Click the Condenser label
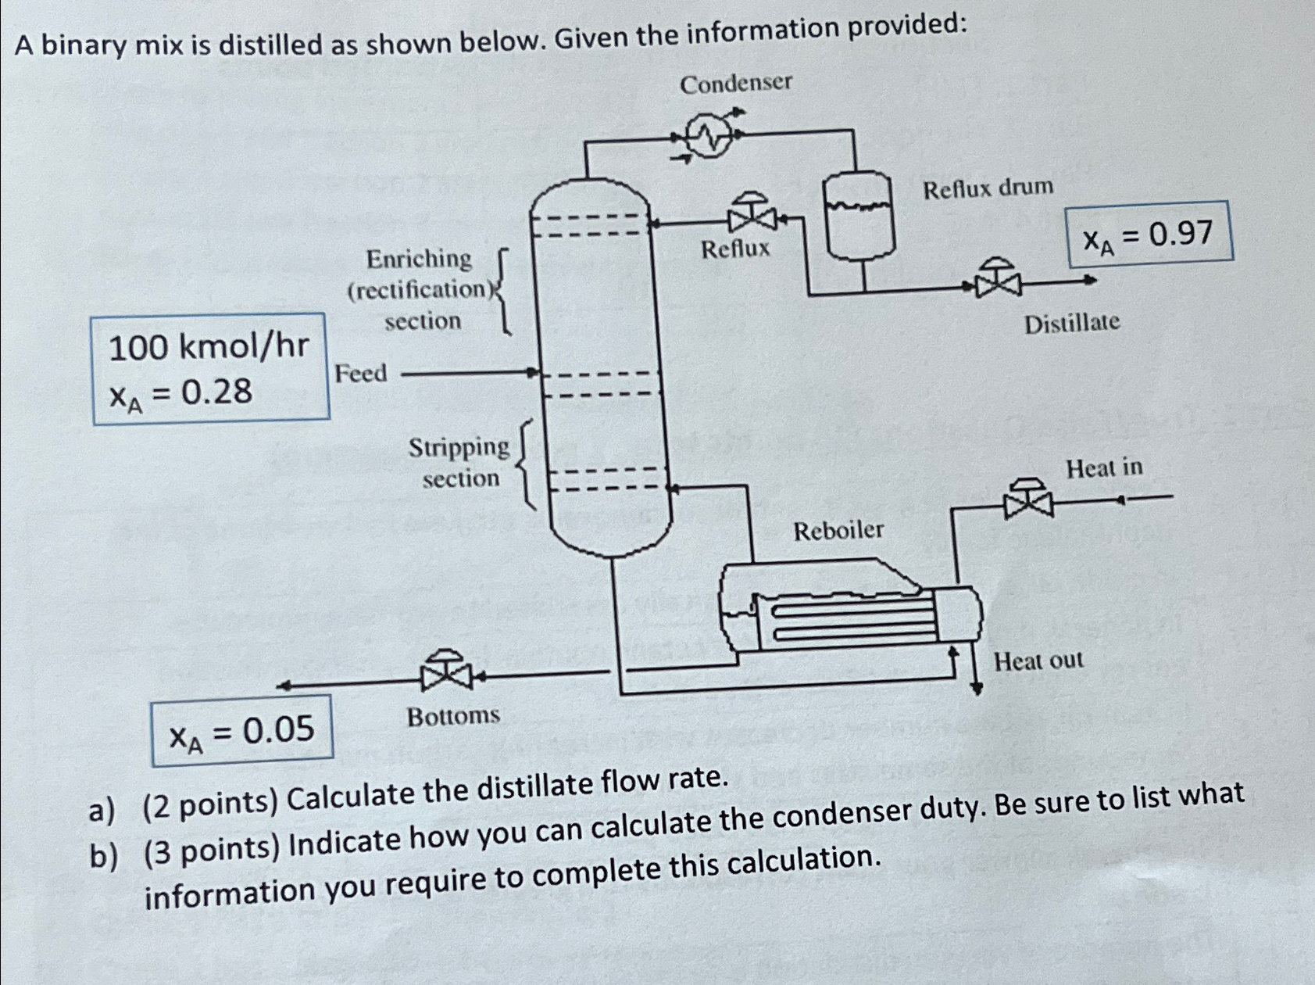point(735,83)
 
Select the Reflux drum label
point(988,188)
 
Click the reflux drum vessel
point(859,215)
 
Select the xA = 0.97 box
point(1150,234)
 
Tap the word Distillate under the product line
point(1071,323)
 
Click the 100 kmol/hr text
point(209,346)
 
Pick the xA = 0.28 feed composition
point(181,392)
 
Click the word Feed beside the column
point(361,374)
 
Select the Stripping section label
point(459,462)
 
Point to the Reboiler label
point(838,531)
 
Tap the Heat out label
point(1038,661)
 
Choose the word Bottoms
point(453,716)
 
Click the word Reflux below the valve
point(734,249)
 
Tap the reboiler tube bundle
point(852,618)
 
